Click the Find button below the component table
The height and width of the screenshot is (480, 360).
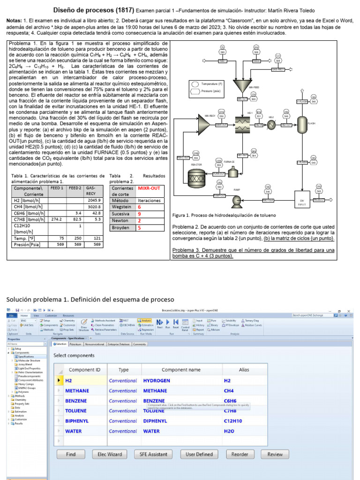[x=71, y=454]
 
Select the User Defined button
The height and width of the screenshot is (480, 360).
[x=199, y=454]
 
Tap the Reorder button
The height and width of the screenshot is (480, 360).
[x=240, y=454]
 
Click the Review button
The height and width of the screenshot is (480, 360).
[x=275, y=454]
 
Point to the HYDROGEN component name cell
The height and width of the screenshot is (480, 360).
[x=157, y=381]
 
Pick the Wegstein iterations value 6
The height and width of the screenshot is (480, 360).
[x=139, y=207]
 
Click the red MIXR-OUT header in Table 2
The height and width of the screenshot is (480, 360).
[x=149, y=188]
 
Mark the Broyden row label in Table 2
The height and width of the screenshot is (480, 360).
[x=120, y=228]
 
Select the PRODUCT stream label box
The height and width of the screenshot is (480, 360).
[x=319, y=200]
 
